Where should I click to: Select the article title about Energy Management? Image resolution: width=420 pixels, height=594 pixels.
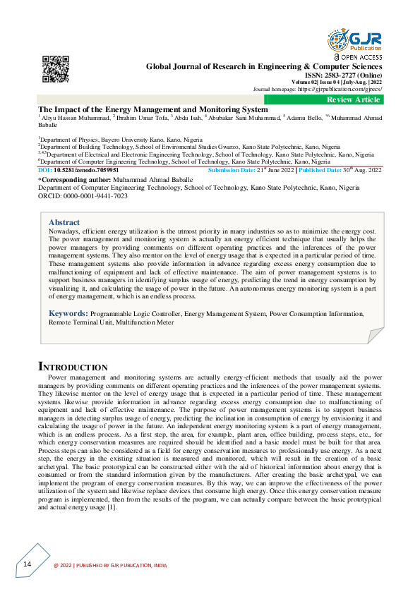coord(153,110)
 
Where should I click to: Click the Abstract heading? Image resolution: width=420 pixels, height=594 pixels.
coord(64,222)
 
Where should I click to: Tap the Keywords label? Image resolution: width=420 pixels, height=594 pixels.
coord(68,312)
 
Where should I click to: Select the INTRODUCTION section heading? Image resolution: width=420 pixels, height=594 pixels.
coord(73,367)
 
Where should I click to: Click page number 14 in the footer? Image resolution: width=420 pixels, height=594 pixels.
coord(28,564)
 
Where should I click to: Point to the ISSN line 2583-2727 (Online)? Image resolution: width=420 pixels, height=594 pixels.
coord(345,75)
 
